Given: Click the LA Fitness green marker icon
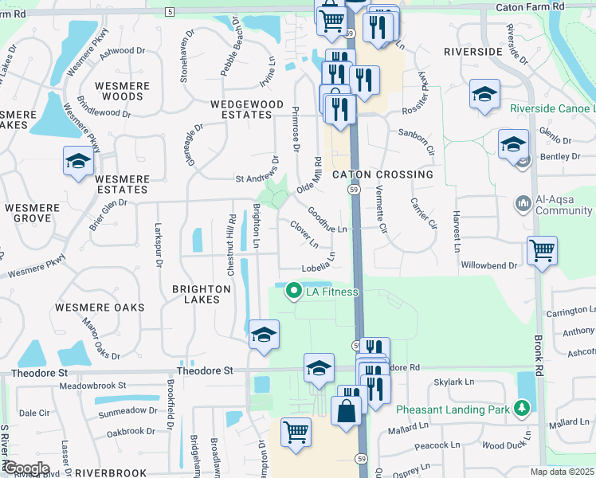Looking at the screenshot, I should pos(294,292).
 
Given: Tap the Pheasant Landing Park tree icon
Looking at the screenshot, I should pos(523,409).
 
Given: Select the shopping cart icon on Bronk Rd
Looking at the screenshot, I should pos(542,251).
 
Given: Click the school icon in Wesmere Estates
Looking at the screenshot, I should pos(77,162).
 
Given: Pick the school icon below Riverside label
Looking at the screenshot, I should pos(484,96).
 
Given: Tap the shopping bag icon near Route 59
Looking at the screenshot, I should pos(347,413).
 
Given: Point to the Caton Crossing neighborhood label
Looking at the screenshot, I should pos(382,174).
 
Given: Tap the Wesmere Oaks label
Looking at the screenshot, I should pos(100,308).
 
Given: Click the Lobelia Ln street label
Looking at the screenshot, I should pos(318,264).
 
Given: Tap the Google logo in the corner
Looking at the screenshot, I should pos(26,468).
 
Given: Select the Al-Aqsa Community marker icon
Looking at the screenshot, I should pos(523,205).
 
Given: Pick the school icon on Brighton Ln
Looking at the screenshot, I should pos(264,335).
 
